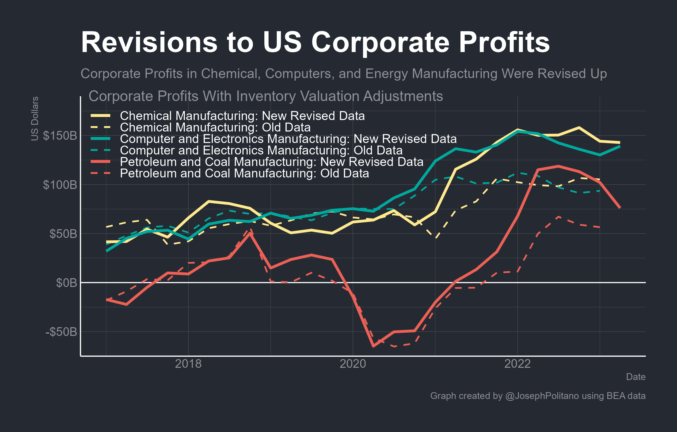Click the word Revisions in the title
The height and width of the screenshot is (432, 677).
click(x=149, y=43)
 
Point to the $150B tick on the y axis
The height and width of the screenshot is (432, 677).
click(x=60, y=136)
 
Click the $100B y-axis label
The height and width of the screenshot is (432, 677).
click(x=60, y=185)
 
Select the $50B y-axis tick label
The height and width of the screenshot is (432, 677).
click(x=63, y=234)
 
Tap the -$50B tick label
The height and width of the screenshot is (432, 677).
click(x=61, y=332)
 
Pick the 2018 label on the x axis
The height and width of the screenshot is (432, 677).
click(x=188, y=364)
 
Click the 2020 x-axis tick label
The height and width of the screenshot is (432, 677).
click(x=353, y=364)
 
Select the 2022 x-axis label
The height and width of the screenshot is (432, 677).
click(x=517, y=364)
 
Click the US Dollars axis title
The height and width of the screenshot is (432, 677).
click(x=34, y=119)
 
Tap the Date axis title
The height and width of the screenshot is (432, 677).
click(x=636, y=377)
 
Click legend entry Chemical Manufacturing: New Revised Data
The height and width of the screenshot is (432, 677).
click(x=242, y=116)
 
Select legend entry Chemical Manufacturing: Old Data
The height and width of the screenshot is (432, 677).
click(x=215, y=128)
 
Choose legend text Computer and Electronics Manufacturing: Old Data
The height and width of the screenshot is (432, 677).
click(x=261, y=150)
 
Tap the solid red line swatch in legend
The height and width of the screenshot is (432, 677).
click(x=100, y=162)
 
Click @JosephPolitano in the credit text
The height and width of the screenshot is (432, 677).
click(x=542, y=396)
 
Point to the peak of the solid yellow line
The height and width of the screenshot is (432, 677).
click(x=579, y=128)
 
